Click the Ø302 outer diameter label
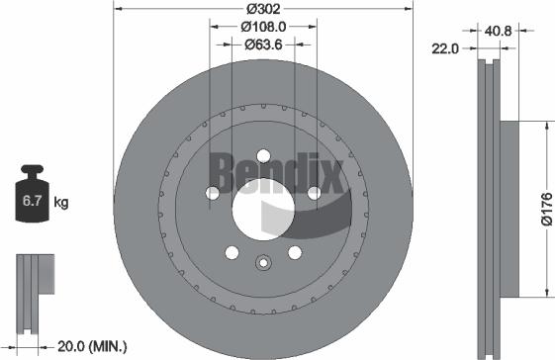(x=262, y=10)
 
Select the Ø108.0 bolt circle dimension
(x=263, y=28)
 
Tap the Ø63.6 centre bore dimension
(x=263, y=45)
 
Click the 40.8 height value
(x=497, y=32)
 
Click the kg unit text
(x=61, y=204)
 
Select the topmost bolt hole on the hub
(x=263, y=155)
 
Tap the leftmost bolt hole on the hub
(x=211, y=194)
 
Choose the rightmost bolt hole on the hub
(x=314, y=194)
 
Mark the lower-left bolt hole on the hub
(x=231, y=253)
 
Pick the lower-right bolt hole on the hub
(x=295, y=253)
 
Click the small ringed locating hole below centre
(x=263, y=263)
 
